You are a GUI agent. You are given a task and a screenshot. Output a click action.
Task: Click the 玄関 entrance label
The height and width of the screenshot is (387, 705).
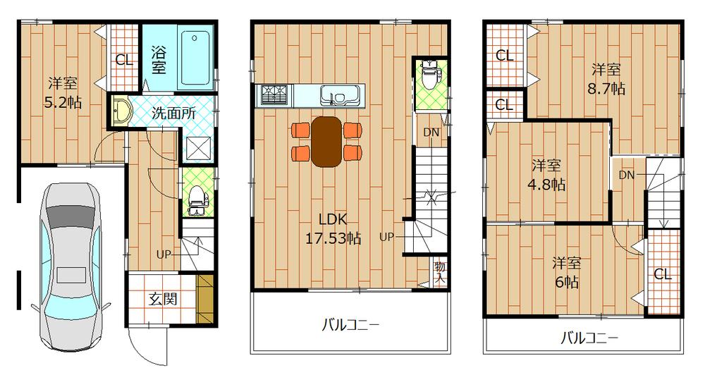coord(162,299)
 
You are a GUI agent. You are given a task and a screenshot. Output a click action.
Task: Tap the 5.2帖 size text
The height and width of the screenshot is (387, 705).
coord(63,102)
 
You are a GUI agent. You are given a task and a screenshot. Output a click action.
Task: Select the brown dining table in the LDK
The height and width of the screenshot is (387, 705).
coord(326,142)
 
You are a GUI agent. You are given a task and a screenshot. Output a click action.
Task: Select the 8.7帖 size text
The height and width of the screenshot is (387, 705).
coord(606,90)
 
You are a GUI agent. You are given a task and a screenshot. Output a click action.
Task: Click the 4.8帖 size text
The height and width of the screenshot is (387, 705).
coord(546,185)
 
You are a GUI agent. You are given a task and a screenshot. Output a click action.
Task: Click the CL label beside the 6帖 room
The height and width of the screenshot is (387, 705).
coord(662,275)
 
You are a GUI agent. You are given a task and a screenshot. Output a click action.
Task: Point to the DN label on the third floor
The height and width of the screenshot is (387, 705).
coord(626,174)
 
